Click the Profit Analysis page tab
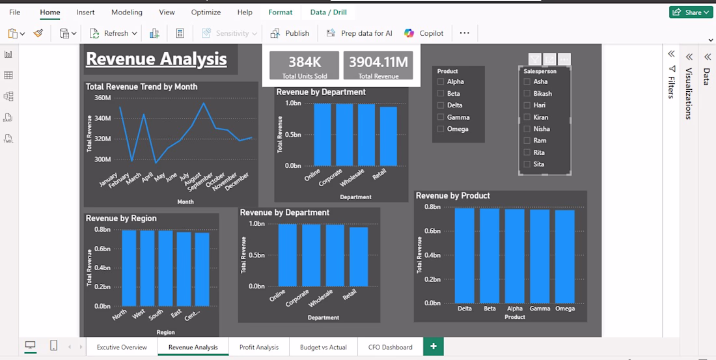click(x=259, y=347)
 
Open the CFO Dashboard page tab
click(x=390, y=347)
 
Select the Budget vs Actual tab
click(x=324, y=347)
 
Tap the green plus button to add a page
click(x=434, y=346)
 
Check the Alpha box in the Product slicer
click(x=441, y=82)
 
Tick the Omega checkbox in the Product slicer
click(x=441, y=130)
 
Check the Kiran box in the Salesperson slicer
click(x=527, y=117)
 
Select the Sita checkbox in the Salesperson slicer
click(x=527, y=164)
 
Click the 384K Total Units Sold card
click(x=304, y=65)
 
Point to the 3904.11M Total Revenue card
click(x=378, y=65)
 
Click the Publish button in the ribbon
click(x=290, y=33)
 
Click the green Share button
click(x=691, y=12)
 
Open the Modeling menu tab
click(x=127, y=12)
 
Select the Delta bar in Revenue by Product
click(x=464, y=256)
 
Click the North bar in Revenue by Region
click(x=130, y=268)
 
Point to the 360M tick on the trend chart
click(x=102, y=98)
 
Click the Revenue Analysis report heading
click(x=156, y=59)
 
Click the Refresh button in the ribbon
click(x=114, y=33)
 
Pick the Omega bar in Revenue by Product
click(x=565, y=256)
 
